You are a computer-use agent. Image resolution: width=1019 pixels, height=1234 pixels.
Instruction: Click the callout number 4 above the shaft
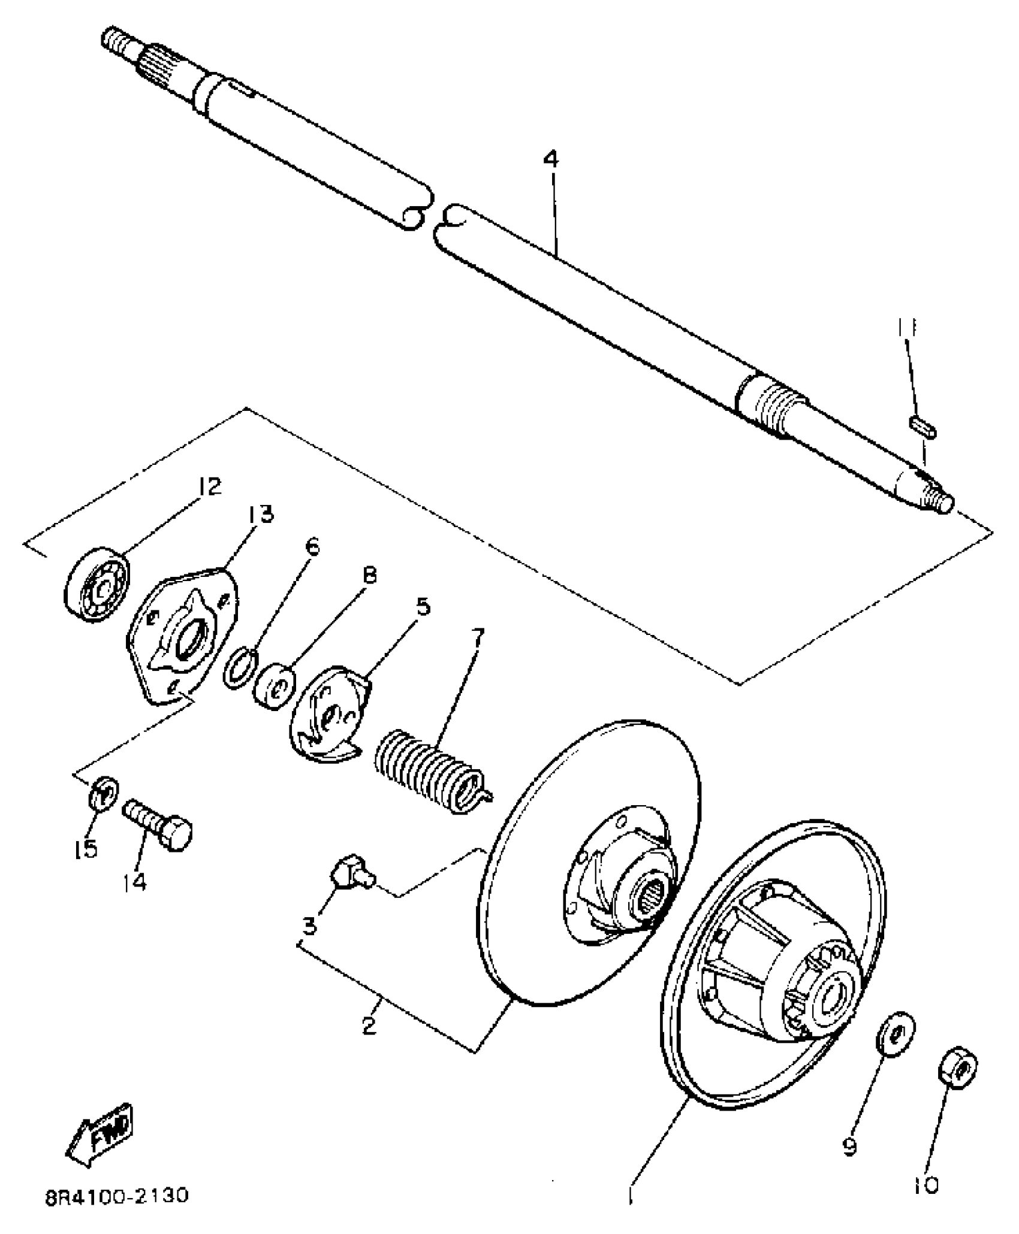click(x=551, y=160)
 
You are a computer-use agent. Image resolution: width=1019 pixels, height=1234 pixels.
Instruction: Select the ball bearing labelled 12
click(x=97, y=580)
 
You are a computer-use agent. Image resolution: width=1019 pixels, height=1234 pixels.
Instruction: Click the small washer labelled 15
click(x=104, y=793)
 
